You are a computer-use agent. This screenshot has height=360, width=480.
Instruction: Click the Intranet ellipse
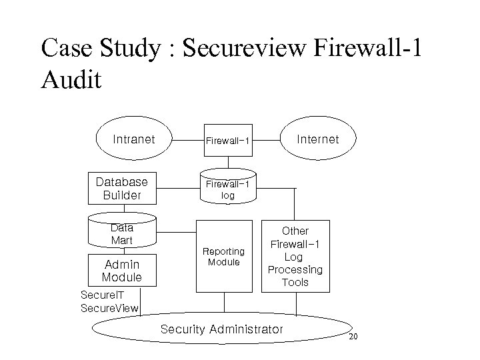pyautogui.click(x=134, y=140)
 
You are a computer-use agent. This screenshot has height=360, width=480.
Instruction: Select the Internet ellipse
pyautogui.click(x=317, y=140)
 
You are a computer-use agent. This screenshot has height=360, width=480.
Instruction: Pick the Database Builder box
pyautogui.click(x=122, y=189)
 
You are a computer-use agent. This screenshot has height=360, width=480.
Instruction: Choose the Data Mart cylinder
pyautogui.click(x=122, y=233)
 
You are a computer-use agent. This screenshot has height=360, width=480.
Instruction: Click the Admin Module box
pyautogui.click(x=122, y=271)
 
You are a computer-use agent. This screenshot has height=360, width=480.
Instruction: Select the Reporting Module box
pyautogui.click(x=224, y=257)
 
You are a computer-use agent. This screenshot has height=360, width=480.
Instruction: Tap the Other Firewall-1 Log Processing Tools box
pyautogui.click(x=295, y=257)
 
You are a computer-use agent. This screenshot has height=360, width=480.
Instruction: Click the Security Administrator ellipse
pyautogui.click(x=222, y=329)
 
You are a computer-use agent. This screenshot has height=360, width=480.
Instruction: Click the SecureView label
pyautogui.click(x=109, y=308)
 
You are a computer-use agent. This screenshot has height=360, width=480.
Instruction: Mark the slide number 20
pyautogui.click(x=353, y=337)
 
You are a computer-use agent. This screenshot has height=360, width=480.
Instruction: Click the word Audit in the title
pyautogui.click(x=71, y=80)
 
